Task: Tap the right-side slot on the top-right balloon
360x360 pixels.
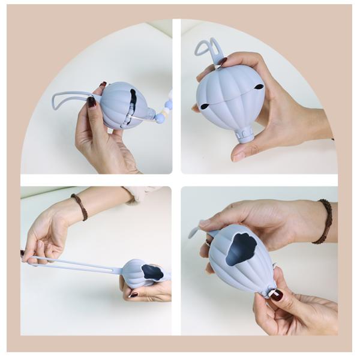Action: [x=259, y=87]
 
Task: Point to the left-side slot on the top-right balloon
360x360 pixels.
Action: [x=205, y=106]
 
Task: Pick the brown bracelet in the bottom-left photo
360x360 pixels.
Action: [x=79, y=206]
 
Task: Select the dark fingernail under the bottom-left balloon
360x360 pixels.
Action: [x=133, y=295]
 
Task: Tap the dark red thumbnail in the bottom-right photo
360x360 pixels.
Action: [x=276, y=295]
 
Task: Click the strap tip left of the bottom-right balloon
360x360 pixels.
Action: [x=193, y=232]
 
